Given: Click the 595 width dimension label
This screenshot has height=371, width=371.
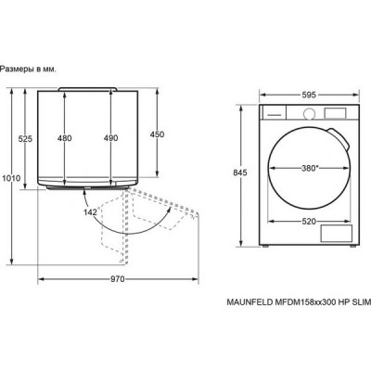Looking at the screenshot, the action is (x=309, y=95).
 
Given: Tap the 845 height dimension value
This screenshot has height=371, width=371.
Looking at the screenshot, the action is (x=240, y=173).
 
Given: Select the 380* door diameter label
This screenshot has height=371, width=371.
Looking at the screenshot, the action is (x=310, y=168).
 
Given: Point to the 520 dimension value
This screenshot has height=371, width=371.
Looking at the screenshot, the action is (x=309, y=221).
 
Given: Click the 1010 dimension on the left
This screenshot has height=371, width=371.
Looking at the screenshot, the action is (x=11, y=178).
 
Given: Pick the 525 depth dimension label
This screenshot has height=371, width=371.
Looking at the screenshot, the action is (x=25, y=139).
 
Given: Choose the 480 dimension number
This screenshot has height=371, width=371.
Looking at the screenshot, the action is (x=64, y=138).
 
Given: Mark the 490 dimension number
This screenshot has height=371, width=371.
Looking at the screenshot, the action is (x=110, y=138).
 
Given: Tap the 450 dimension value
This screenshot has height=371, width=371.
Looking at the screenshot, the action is (x=157, y=134).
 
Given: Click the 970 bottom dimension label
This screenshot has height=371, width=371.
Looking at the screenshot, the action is (x=118, y=279).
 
